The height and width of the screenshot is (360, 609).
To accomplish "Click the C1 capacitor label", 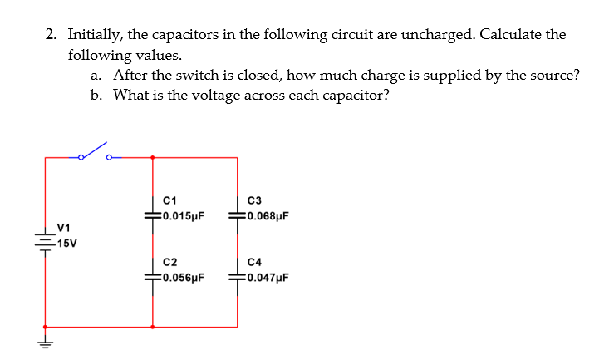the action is click(x=170, y=200).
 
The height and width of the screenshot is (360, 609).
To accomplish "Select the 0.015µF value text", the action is click(x=184, y=217).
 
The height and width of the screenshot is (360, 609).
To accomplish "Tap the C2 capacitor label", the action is click(x=170, y=263).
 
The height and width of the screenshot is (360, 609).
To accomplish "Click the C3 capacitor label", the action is click(x=255, y=200).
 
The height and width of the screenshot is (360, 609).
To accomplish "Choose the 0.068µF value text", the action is click(x=268, y=217).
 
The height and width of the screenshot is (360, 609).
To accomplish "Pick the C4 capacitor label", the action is click(x=255, y=263).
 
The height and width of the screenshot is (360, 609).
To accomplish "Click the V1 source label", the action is click(x=62, y=227).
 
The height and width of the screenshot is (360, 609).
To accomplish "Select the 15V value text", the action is click(x=63, y=244).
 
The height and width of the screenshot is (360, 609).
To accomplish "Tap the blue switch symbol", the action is click(x=95, y=153).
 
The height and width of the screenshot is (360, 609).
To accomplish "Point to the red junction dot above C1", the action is click(x=152, y=156).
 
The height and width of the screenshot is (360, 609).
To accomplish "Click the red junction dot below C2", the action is click(x=152, y=327).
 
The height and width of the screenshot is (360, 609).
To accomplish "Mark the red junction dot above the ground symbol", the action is click(x=44, y=327).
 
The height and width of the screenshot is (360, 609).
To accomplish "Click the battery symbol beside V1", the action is click(x=44, y=239).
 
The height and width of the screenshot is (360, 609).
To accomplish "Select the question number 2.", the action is click(x=51, y=35).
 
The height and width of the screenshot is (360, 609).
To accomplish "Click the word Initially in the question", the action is click(x=95, y=35).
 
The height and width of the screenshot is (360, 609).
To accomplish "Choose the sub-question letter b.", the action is click(x=96, y=95).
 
